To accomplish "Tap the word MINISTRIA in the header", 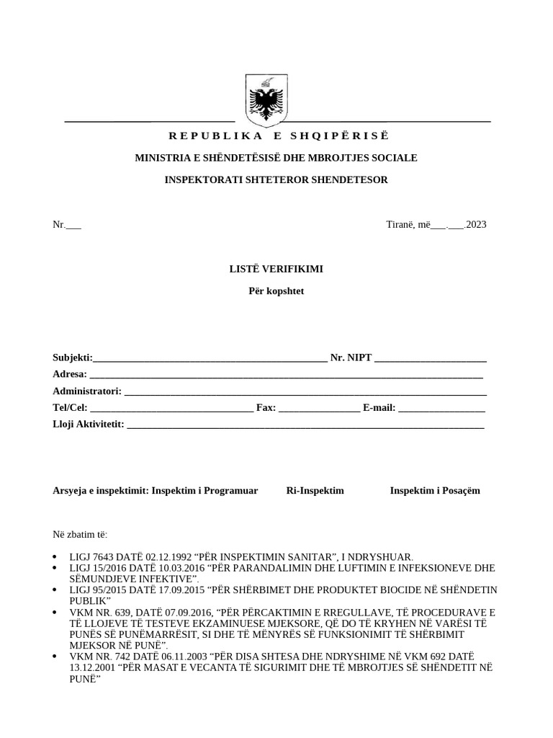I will [x=161, y=158].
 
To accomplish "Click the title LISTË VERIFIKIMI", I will [x=276, y=269].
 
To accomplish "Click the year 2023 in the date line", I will [x=476, y=224].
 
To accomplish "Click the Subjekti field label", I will [x=73, y=357].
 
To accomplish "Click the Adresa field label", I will [x=70, y=374].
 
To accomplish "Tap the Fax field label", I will [x=266, y=408].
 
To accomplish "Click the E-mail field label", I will [x=379, y=408].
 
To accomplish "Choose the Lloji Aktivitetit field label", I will [x=89, y=424].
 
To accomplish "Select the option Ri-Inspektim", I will [x=315, y=491].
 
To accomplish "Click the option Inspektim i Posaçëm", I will [x=435, y=491].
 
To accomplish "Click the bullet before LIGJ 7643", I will [x=56, y=557].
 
